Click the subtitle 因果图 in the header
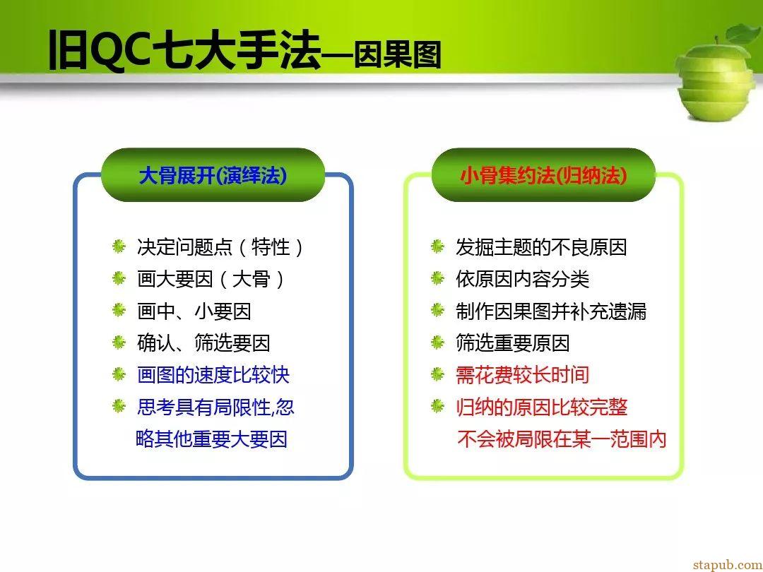397,54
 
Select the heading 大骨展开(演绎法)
213,175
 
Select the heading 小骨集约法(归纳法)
543,175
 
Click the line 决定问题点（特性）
220,247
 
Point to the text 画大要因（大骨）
211,279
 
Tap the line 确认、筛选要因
203,343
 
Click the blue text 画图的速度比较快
213,375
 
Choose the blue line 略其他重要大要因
211,439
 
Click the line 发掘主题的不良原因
541,247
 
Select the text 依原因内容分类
522,279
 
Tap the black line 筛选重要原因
512,343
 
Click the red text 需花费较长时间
522,375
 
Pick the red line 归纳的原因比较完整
541,407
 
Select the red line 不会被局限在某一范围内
562,439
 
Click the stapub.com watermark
728,565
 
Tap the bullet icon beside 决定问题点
119,246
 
